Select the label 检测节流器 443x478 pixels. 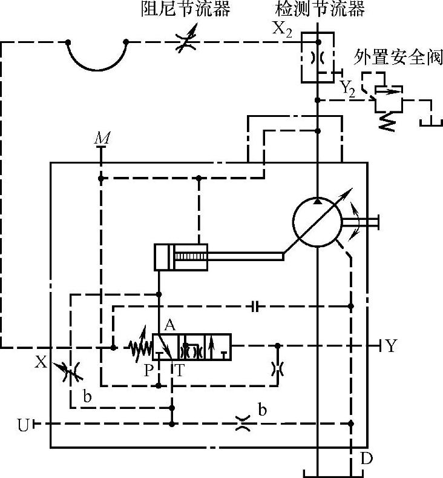(x=320, y=10)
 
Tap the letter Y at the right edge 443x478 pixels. (x=392, y=347)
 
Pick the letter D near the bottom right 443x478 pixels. (x=366, y=459)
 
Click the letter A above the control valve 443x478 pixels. (x=169, y=325)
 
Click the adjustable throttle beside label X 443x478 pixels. (x=72, y=371)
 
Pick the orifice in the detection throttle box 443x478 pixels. (x=317, y=59)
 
